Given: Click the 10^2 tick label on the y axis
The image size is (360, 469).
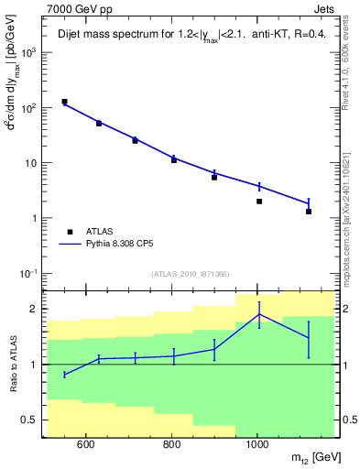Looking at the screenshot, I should pos(30,108).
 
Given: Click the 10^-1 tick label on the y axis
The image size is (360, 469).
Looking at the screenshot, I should pos(29,274).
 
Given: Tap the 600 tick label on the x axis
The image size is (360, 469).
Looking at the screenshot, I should pos(86,446).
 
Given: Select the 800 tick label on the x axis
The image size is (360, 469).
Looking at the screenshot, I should pos(172,446).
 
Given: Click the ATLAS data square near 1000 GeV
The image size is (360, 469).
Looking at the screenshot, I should pos(259,202).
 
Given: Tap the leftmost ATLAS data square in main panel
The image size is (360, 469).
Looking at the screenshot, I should pos(64,102).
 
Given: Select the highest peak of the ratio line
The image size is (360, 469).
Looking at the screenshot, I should pos(259,314).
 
